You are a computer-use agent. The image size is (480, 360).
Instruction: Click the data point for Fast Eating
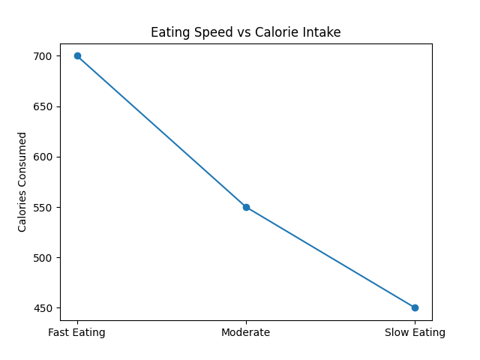pyautogui.click(x=77, y=56)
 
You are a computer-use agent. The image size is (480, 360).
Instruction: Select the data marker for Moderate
pyautogui.click(x=246, y=207)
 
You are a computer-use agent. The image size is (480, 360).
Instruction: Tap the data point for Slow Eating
pyautogui.click(x=415, y=307)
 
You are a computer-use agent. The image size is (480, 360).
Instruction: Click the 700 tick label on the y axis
pyautogui.click(x=43, y=56)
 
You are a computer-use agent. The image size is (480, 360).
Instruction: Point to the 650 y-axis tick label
pyautogui.click(x=43, y=106)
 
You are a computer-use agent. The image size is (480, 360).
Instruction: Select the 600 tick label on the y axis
pyautogui.click(x=43, y=157)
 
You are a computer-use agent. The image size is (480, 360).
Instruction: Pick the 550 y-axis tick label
pyautogui.click(x=43, y=207)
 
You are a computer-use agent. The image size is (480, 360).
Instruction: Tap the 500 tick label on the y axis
pyautogui.click(x=43, y=257)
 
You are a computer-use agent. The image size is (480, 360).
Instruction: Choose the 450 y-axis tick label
pyautogui.click(x=43, y=307)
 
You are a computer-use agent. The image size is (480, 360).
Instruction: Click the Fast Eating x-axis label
pyautogui.click(x=77, y=332)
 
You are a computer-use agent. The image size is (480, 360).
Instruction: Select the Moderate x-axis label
pyautogui.click(x=246, y=332)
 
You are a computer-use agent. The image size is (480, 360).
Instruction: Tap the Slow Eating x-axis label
pyautogui.click(x=415, y=332)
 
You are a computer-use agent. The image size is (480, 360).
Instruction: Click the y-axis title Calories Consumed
pyautogui.click(x=22, y=181)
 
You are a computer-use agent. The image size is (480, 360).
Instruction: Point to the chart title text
pyautogui.click(x=246, y=32)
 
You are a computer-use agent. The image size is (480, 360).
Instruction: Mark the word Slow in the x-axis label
pyautogui.click(x=397, y=332)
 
